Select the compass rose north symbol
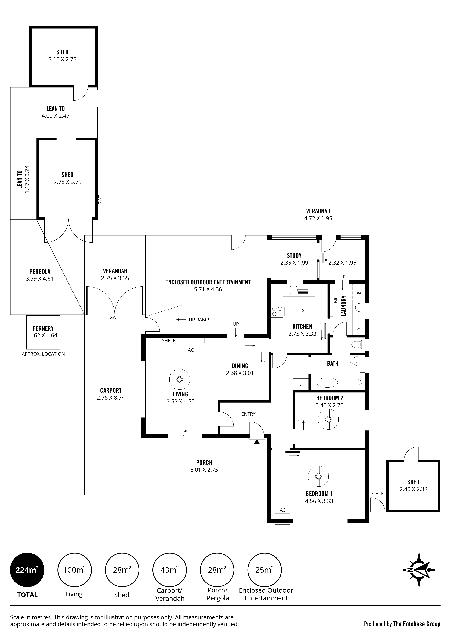pyautogui.click(x=419, y=570)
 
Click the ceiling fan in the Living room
pyautogui.click(x=180, y=379)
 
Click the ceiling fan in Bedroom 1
pyautogui.click(x=318, y=476)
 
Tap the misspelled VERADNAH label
pyautogui.click(x=318, y=211)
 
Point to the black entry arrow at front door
pyautogui.click(x=256, y=441)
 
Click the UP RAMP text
pyautogui.click(x=199, y=320)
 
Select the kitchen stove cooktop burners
pyautogui.click(x=277, y=311)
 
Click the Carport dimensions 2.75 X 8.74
pyautogui.click(x=111, y=398)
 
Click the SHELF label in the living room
pyautogui.click(x=168, y=341)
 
